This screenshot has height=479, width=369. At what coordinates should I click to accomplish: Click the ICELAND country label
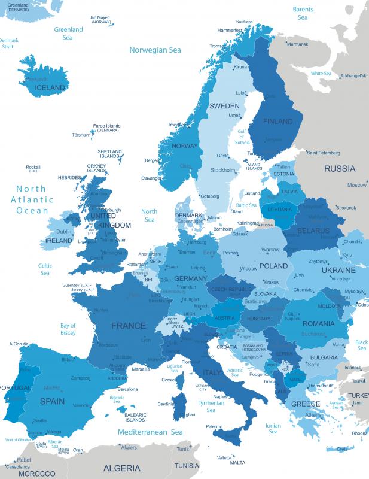coord(50,87)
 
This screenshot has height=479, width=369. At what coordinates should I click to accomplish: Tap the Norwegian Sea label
coord(155,50)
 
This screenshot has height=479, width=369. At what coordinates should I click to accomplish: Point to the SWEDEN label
coord(224,105)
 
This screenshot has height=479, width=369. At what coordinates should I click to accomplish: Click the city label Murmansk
coord(297,44)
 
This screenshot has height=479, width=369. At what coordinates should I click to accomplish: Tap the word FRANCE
coord(128,326)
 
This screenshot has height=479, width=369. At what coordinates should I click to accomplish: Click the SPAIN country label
coord(52,401)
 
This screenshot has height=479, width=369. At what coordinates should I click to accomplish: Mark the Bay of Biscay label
coord(68,329)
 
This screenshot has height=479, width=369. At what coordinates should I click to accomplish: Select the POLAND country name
coord(273,266)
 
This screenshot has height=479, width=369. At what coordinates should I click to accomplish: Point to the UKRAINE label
coord(338,270)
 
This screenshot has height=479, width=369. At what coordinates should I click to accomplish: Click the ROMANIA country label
coord(318,323)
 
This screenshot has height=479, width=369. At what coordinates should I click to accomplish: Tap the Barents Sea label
coord(303,13)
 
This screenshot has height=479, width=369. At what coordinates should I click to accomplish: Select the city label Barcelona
coord(127,389)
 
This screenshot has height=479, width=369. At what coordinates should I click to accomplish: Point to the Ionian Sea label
coord(273,428)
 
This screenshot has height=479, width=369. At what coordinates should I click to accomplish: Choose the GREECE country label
coord(306,404)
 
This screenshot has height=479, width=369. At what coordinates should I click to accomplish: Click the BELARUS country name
coord(313,230)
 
